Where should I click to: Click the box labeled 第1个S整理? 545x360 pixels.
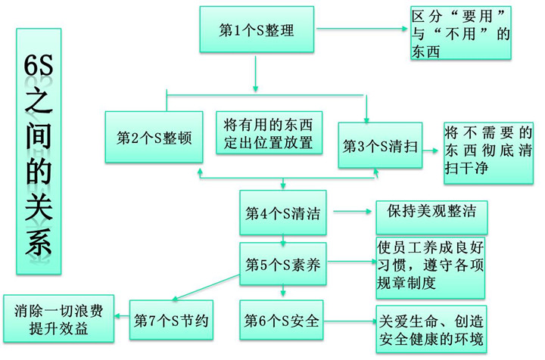pyautogui.click(x=257, y=31)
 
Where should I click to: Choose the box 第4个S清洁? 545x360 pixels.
pyautogui.click(x=282, y=213)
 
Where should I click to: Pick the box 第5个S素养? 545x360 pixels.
pyautogui.click(x=282, y=265)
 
